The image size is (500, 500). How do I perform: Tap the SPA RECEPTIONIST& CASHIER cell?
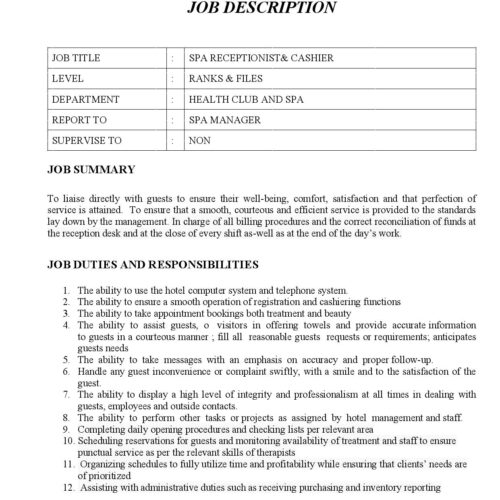[x=261, y=59]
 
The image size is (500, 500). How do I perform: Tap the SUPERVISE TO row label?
[x=88, y=141]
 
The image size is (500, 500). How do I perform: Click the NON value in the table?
[x=200, y=141]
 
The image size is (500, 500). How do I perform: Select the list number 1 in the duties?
[x=65, y=290]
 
